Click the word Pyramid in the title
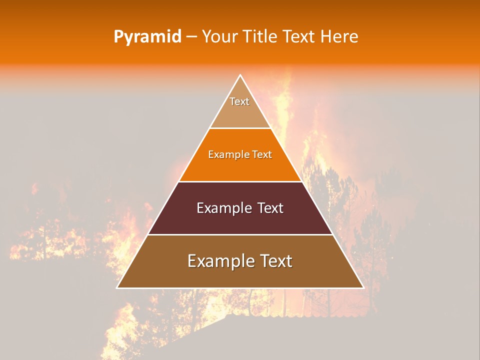pyautogui.click(x=147, y=37)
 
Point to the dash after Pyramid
pyautogui.click(x=191, y=37)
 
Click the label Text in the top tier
pyautogui.click(x=239, y=101)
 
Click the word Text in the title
pyautogui.click(x=300, y=37)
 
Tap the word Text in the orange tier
pyautogui.click(x=262, y=155)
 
